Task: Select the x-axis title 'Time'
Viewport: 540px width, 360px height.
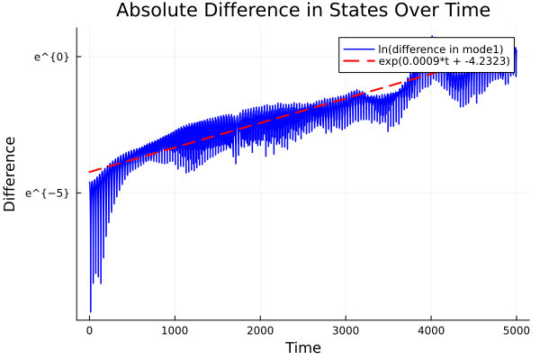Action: (302, 347)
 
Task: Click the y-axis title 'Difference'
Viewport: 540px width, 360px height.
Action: (11, 173)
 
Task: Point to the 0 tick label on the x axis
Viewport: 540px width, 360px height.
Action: (89, 329)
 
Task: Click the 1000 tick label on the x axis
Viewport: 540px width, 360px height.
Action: (175, 329)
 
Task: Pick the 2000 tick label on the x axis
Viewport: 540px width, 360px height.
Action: (260, 329)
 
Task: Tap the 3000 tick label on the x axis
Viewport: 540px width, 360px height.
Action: (346, 329)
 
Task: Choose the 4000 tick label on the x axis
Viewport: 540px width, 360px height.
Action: (431, 329)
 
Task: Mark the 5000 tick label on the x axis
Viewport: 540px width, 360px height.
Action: (517, 329)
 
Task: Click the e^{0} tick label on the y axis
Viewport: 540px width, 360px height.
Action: (51, 57)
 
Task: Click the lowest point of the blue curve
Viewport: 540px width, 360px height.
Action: (91, 311)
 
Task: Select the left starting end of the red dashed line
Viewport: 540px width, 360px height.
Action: (89, 172)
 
